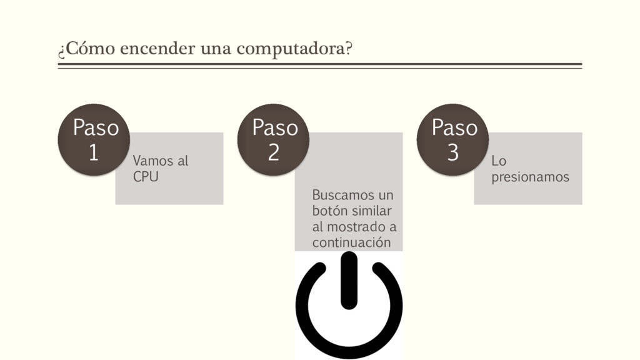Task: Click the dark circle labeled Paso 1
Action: click(94, 139)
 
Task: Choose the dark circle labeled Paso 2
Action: click(274, 139)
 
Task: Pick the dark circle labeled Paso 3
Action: click(453, 139)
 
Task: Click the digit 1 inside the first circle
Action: click(94, 152)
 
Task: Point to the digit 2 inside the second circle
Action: click(274, 152)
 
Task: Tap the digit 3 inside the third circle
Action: click(453, 152)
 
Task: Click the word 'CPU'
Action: click(146, 177)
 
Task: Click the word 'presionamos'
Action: click(530, 177)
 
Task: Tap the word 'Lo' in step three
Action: click(499, 161)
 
